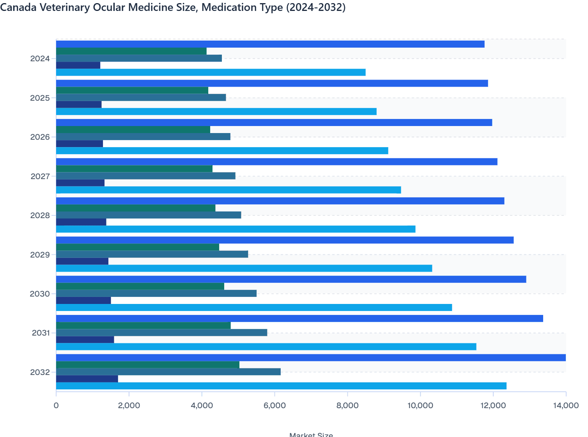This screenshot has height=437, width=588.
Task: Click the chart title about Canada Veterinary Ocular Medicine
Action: click(x=173, y=7)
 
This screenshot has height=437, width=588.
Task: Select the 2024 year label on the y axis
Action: click(x=40, y=59)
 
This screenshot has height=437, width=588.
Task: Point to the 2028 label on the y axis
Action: click(x=40, y=215)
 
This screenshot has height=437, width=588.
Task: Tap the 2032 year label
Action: click(x=40, y=372)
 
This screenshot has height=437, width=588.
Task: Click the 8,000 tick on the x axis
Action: click(x=347, y=405)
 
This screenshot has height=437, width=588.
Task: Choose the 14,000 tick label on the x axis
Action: click(x=565, y=405)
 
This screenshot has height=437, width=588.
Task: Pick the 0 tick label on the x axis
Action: click(x=56, y=405)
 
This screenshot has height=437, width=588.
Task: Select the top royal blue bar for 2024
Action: click(x=270, y=44)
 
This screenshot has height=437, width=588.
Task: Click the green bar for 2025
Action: click(x=132, y=91)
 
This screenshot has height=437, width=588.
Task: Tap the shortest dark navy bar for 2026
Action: click(x=80, y=144)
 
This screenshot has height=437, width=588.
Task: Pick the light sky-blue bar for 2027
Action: click(x=228, y=190)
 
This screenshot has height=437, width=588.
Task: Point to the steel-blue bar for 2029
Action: click(x=152, y=254)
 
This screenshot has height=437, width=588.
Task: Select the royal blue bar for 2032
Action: click(x=310, y=358)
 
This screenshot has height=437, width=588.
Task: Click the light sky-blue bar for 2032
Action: click(x=281, y=386)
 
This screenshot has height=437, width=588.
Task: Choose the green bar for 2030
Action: click(x=140, y=286)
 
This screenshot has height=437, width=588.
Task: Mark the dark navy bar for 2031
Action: click(x=85, y=339)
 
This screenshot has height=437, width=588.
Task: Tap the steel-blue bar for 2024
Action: click(x=139, y=58)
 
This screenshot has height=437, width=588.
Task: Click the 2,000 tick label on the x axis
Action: click(x=129, y=405)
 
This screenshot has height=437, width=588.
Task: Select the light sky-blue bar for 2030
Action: click(x=253, y=307)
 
